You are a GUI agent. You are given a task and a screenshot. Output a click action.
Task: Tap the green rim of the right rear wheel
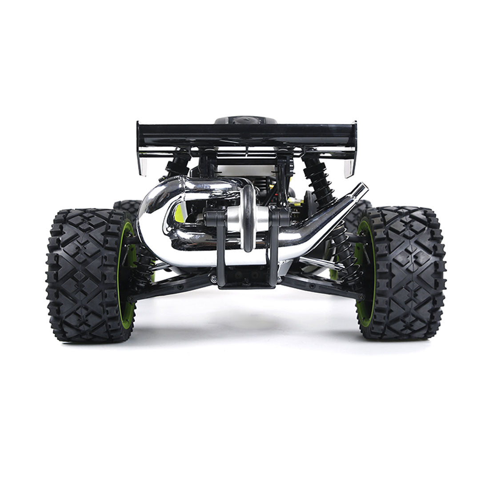coord(361,271)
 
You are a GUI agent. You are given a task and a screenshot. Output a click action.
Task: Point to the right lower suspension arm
coord(318,285)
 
